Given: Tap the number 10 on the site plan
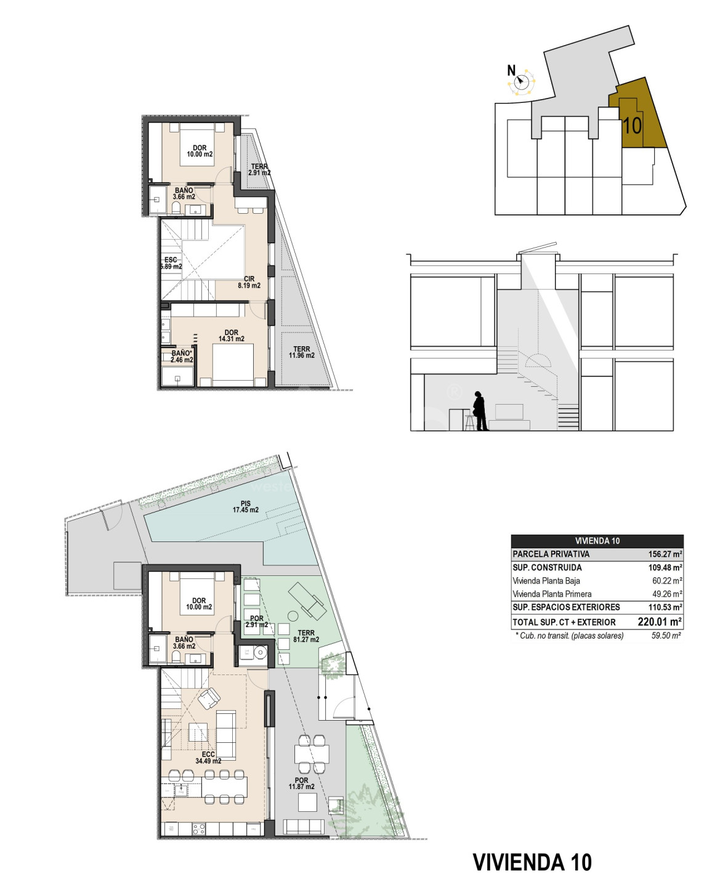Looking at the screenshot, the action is coord(631,125).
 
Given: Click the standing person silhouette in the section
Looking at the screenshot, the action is coord(480,411).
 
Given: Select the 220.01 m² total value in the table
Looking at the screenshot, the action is coord(659,622).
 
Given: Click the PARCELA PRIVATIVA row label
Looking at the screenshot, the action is coord(551,554).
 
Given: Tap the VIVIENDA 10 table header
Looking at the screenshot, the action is coord(597,541).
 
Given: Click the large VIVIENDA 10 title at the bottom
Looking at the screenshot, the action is coord(532,862).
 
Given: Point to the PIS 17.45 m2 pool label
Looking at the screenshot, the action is coord(245,506).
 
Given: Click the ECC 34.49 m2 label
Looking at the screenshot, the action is coord(208,758).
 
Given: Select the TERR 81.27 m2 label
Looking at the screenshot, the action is coord(306,636).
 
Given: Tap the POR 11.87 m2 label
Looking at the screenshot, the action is coord(301,783).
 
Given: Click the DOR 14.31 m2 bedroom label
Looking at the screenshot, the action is coord(232,336).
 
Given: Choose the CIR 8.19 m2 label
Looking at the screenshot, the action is coord(249,282).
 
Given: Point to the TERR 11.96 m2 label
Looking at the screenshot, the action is coord(302,352).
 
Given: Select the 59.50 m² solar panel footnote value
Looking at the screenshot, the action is coord(666,636).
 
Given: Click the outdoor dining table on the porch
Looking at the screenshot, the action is coord(312,753).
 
